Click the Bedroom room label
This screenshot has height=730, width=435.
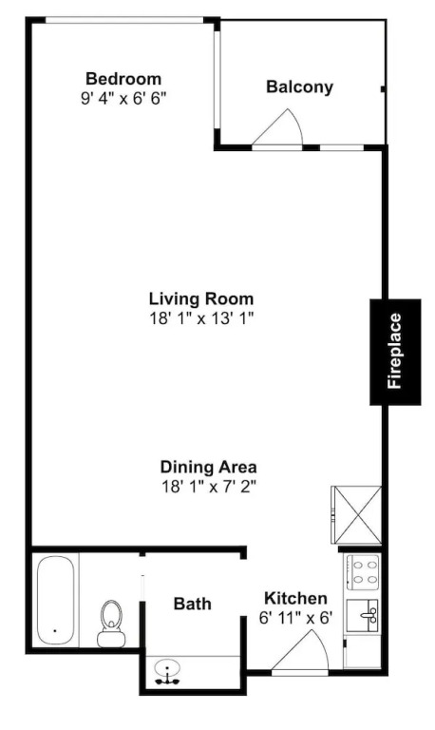click(123, 79)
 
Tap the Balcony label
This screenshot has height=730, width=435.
click(299, 87)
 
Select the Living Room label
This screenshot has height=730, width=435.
click(201, 298)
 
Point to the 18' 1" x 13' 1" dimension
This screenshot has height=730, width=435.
click(201, 319)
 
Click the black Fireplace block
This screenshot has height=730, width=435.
click(395, 352)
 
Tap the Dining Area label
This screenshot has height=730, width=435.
click(208, 467)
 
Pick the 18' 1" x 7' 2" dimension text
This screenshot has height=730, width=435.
click(208, 487)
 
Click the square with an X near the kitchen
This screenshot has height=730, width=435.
click(356, 515)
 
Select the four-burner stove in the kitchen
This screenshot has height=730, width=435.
click(363, 572)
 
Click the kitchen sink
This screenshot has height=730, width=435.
click(363, 616)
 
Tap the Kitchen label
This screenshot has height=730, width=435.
click(295, 598)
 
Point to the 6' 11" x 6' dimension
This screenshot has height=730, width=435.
click(296, 618)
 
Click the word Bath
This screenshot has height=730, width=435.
click(192, 604)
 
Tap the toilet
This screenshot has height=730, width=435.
click(111, 623)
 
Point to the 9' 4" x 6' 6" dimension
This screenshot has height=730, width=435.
click(123, 99)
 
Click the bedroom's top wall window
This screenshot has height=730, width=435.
click(124, 20)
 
